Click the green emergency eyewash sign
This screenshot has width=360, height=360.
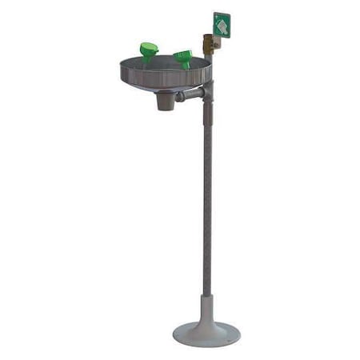click(222, 24)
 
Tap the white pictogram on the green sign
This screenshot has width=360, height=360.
click(222, 25)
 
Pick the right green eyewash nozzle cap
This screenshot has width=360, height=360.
click(183, 56)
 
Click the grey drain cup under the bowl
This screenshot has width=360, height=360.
click(165, 100)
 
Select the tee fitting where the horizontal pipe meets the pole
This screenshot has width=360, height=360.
click(207, 91)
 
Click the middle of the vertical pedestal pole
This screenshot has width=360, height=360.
click(208, 200)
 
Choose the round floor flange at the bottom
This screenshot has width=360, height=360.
click(206, 334)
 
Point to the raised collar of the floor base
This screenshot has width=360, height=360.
click(207, 308)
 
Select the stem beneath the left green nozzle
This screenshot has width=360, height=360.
click(148, 59)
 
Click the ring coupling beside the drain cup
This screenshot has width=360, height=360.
click(179, 97)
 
